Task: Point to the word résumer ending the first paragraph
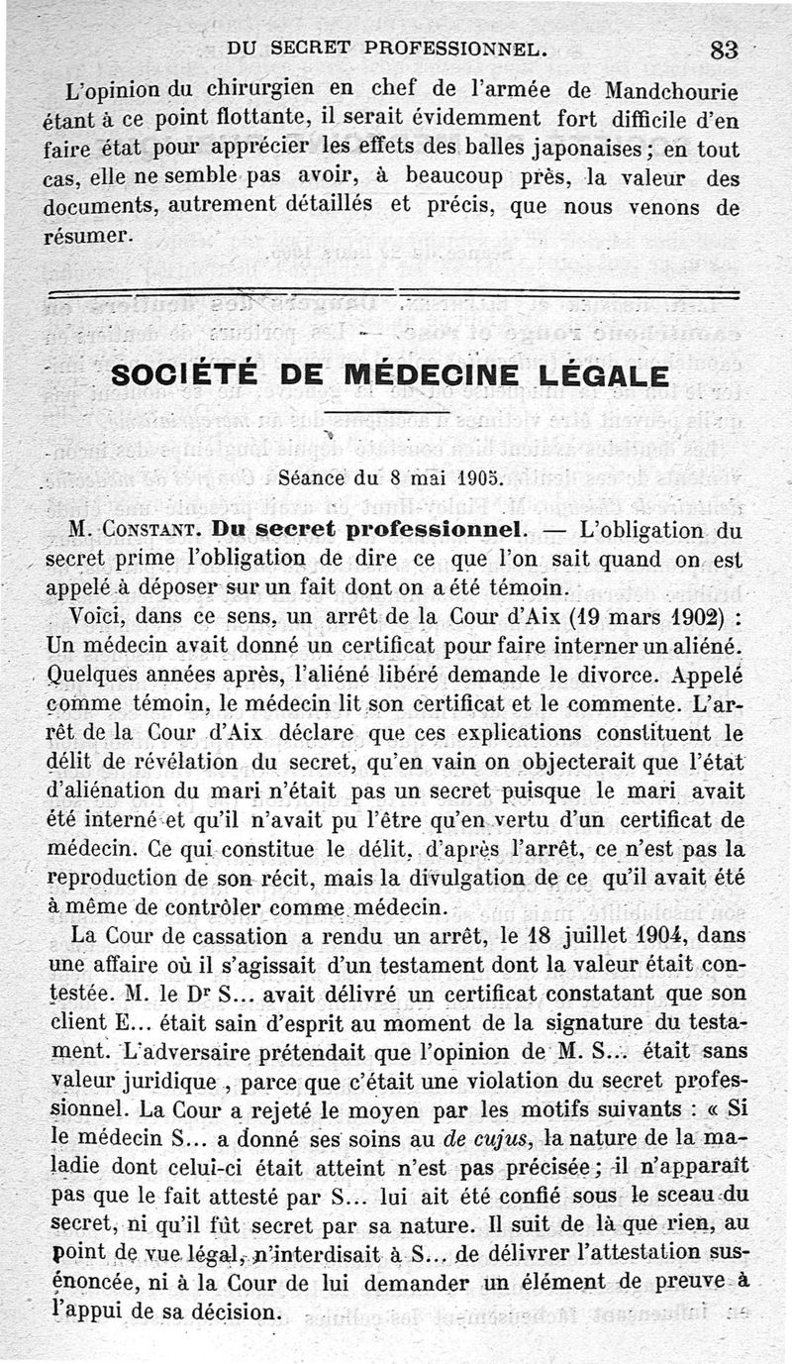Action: [87, 238]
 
